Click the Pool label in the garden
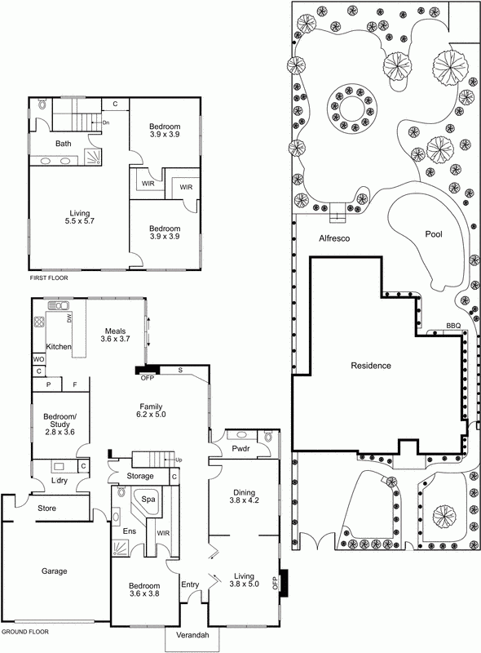(x=434, y=234)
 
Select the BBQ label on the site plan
(x=452, y=326)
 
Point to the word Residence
(x=371, y=366)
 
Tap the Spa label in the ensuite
(x=149, y=499)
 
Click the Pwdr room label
(x=240, y=449)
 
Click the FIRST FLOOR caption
(x=48, y=278)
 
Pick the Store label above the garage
(x=47, y=509)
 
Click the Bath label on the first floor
(x=63, y=144)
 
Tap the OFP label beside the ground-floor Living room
(x=275, y=583)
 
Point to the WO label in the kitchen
(x=38, y=358)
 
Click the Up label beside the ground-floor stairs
(x=178, y=460)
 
